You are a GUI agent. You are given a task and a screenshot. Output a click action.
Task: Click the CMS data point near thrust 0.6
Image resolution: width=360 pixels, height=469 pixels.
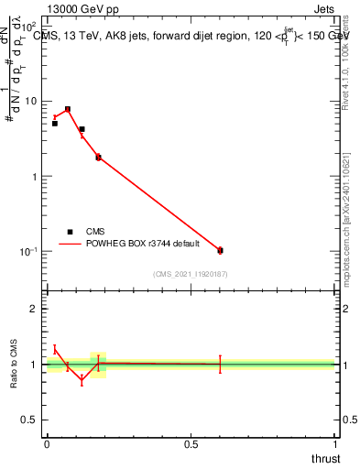(x=220, y=250)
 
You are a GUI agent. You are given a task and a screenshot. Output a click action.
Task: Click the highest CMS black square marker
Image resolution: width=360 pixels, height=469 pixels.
(x=68, y=109)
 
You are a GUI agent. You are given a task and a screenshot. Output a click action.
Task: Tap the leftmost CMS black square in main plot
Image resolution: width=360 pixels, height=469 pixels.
(x=54, y=123)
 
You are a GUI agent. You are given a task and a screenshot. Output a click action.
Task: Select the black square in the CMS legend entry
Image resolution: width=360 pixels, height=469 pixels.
(x=70, y=231)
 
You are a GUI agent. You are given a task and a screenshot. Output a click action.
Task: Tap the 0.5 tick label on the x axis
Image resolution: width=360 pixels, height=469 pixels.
(x=191, y=443)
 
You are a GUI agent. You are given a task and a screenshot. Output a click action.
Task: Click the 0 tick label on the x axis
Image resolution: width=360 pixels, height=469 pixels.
(x=47, y=443)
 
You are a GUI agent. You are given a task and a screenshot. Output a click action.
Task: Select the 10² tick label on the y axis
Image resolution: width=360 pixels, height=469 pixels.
(x=31, y=27)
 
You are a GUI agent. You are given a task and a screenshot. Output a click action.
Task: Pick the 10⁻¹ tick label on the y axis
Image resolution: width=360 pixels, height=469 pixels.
(x=30, y=251)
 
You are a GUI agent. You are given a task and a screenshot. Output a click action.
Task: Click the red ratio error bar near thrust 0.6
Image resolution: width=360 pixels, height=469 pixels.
(x=220, y=365)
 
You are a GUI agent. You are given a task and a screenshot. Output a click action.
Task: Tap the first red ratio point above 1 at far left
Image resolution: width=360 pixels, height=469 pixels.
(x=54, y=348)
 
